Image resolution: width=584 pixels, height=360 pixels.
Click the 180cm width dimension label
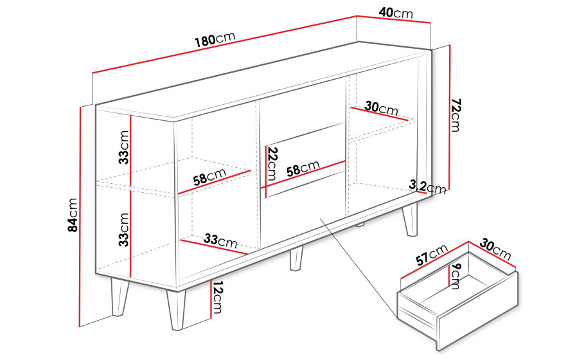pos(215,39)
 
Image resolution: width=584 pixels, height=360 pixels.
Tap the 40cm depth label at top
pos(396,13)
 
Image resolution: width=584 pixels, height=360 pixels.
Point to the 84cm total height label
pos(73,215)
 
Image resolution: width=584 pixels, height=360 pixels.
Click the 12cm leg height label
pos(217,296)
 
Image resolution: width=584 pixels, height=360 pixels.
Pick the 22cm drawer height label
pos(272,164)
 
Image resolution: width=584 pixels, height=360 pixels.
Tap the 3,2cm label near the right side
pos(427,186)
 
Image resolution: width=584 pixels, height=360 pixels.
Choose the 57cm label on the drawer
pos(432,255)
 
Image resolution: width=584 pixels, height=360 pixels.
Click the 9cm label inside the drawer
pos(455,276)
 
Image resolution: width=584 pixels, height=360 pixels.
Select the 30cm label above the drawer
pos(495,249)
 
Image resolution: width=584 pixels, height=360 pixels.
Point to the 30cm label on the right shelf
pos(381,108)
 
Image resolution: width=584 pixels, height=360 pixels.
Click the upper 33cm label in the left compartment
pos(123,147)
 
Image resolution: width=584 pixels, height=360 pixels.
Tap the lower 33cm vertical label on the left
pos(123,230)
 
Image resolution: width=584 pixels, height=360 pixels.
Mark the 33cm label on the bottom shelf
pos(220,240)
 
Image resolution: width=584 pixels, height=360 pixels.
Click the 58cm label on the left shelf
pos(209,177)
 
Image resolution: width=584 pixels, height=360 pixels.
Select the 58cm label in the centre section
pos(303,168)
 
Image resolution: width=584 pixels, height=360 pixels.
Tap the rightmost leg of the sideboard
pos(410,219)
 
